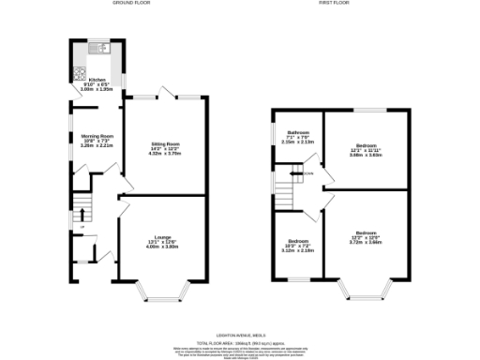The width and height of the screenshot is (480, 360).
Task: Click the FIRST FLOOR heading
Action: click(x=333, y=4)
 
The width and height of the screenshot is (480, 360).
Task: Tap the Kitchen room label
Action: click(x=98, y=81)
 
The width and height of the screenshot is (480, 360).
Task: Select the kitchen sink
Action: click(x=97, y=48)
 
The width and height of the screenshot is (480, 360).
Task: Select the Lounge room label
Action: click(x=163, y=236)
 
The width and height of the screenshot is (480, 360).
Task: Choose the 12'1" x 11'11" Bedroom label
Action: click(x=366, y=146)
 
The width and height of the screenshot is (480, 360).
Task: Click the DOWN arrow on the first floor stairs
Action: click(x=307, y=172)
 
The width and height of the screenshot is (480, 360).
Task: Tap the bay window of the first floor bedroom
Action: click(x=366, y=291)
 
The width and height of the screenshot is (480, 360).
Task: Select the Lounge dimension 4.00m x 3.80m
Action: click(x=163, y=246)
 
